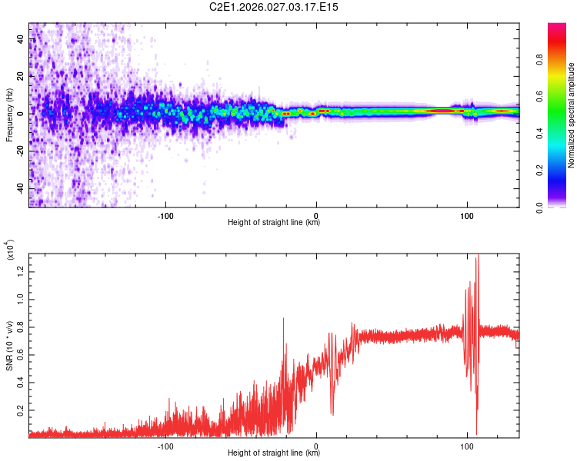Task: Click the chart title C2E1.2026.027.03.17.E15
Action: (x=274, y=7)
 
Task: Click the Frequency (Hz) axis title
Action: (x=9, y=114)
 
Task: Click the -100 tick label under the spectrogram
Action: (x=165, y=214)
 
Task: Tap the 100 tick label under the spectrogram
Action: (x=466, y=214)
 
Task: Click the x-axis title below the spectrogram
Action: (x=274, y=223)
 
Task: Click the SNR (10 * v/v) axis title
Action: (x=9, y=343)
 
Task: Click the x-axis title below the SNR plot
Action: (x=274, y=453)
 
